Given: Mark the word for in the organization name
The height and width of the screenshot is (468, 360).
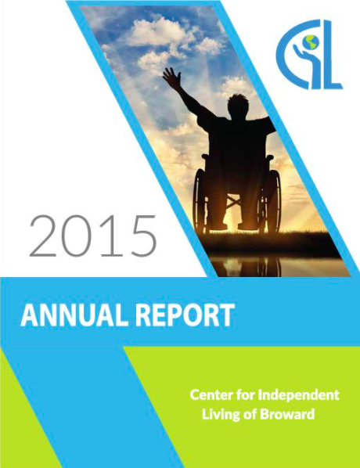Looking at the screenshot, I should (x=243, y=394).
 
